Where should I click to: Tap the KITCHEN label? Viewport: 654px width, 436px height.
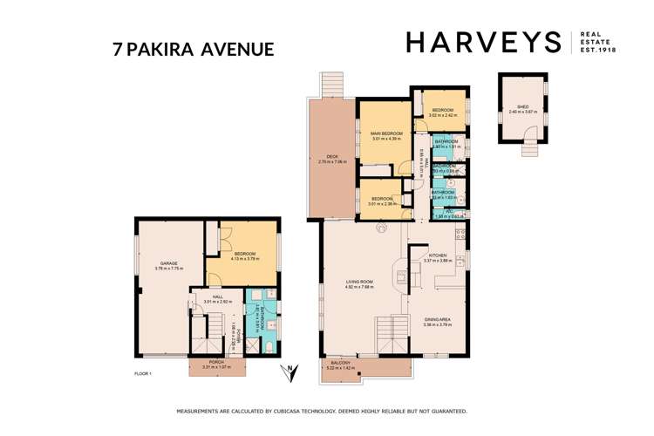434,256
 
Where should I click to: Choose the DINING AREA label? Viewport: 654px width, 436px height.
434,322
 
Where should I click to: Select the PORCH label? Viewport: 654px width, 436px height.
213,364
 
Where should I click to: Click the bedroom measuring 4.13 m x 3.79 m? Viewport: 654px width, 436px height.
244,255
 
